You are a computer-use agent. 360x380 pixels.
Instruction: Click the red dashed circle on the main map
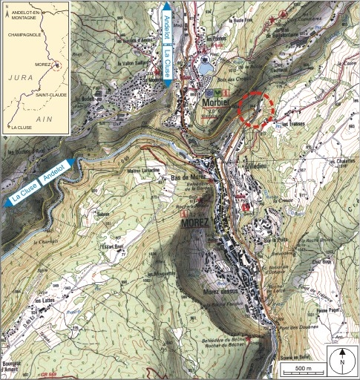pyautogui.click(x=256, y=111)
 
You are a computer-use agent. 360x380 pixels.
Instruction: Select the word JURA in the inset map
pyautogui.click(x=19, y=76)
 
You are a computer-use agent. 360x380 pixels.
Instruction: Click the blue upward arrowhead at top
pyautogui.click(x=166, y=7)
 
